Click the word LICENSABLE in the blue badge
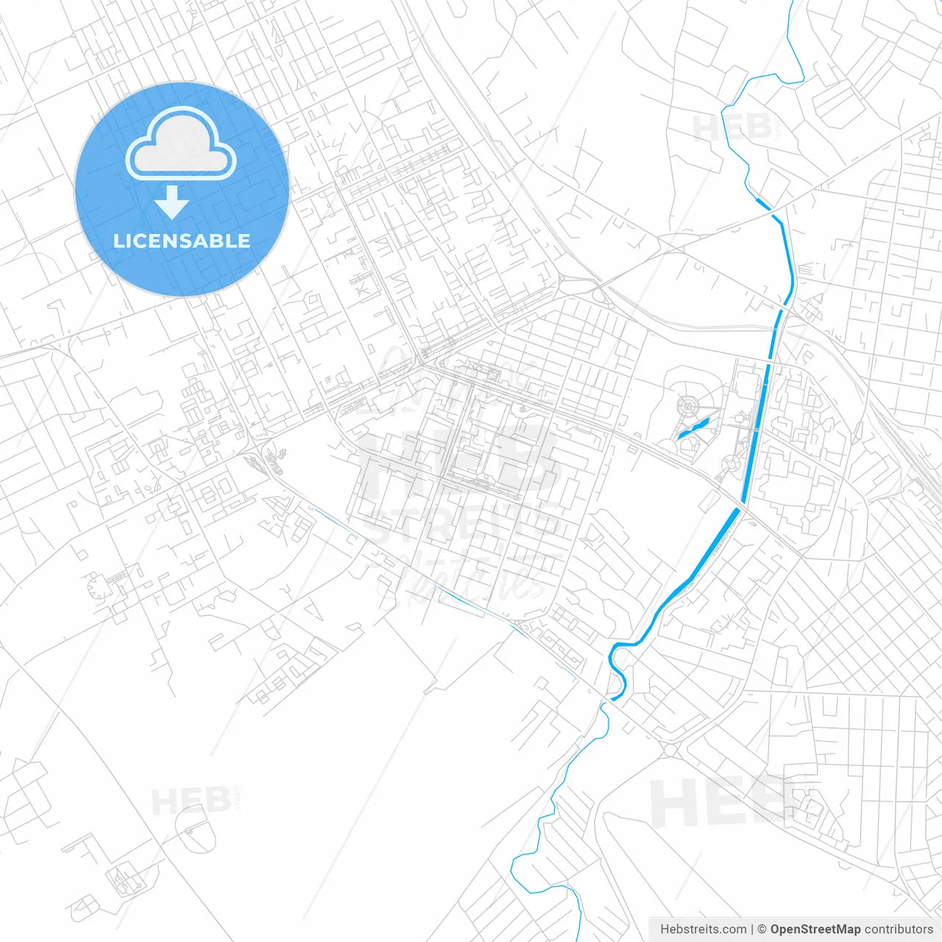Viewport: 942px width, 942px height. pos(182,241)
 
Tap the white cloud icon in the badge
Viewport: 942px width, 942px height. pos(181,145)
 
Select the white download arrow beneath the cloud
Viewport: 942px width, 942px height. pos(171,202)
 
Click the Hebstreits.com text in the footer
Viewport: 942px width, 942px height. pos(703,929)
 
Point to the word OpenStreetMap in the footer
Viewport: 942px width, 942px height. pos(815,929)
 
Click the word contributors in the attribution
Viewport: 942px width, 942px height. pos(899,929)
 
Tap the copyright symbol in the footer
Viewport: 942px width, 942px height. pos(762,929)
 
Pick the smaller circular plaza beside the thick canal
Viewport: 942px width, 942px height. pos(732,463)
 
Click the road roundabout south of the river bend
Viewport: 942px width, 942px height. pos(670,750)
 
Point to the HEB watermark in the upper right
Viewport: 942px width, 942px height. pos(733,128)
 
